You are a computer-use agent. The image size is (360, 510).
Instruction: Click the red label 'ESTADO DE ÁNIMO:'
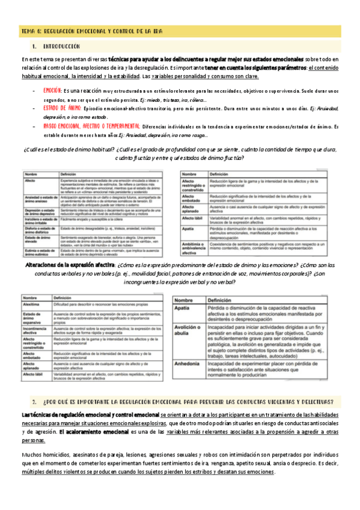pos(64,108)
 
